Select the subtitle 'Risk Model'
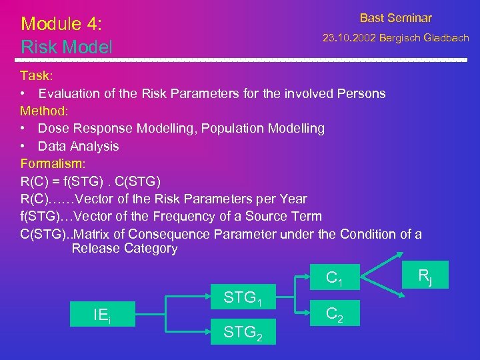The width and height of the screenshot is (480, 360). (67, 47)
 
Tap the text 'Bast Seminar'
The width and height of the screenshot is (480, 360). (395, 18)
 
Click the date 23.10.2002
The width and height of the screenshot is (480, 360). (349, 38)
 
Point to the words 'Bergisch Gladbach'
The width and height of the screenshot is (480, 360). (424, 38)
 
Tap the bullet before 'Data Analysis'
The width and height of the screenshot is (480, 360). (23, 146)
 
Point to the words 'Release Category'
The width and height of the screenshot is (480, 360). (125, 249)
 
